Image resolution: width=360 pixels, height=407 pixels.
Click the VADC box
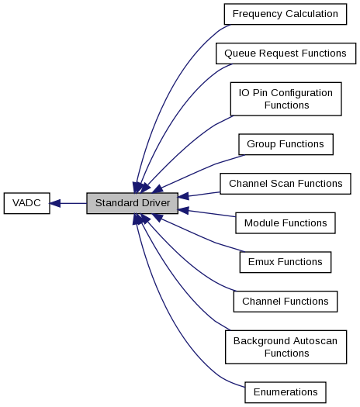[26, 203]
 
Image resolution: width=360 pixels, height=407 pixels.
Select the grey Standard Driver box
[132, 203]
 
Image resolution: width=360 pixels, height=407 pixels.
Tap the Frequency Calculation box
[286, 14]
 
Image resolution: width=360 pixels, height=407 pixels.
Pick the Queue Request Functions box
[286, 53]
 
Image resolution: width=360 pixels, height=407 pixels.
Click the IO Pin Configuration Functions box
[286, 99]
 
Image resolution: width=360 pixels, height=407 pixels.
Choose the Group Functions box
[286, 144]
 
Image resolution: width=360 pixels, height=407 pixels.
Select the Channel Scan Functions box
[286, 184]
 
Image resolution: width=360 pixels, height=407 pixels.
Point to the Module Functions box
[286, 223]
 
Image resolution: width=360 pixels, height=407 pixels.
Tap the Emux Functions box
[286, 262]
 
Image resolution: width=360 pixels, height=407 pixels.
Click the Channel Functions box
[286, 302]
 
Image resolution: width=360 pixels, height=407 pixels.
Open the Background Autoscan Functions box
[286, 347]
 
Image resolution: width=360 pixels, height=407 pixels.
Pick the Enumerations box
[286, 392]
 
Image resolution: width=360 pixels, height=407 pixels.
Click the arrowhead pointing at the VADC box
[55, 203]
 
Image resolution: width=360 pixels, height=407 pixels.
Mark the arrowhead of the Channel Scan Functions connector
[183, 196]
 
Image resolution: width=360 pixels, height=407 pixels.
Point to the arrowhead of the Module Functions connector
[183, 211]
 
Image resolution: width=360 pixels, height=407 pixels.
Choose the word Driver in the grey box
[156, 203]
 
